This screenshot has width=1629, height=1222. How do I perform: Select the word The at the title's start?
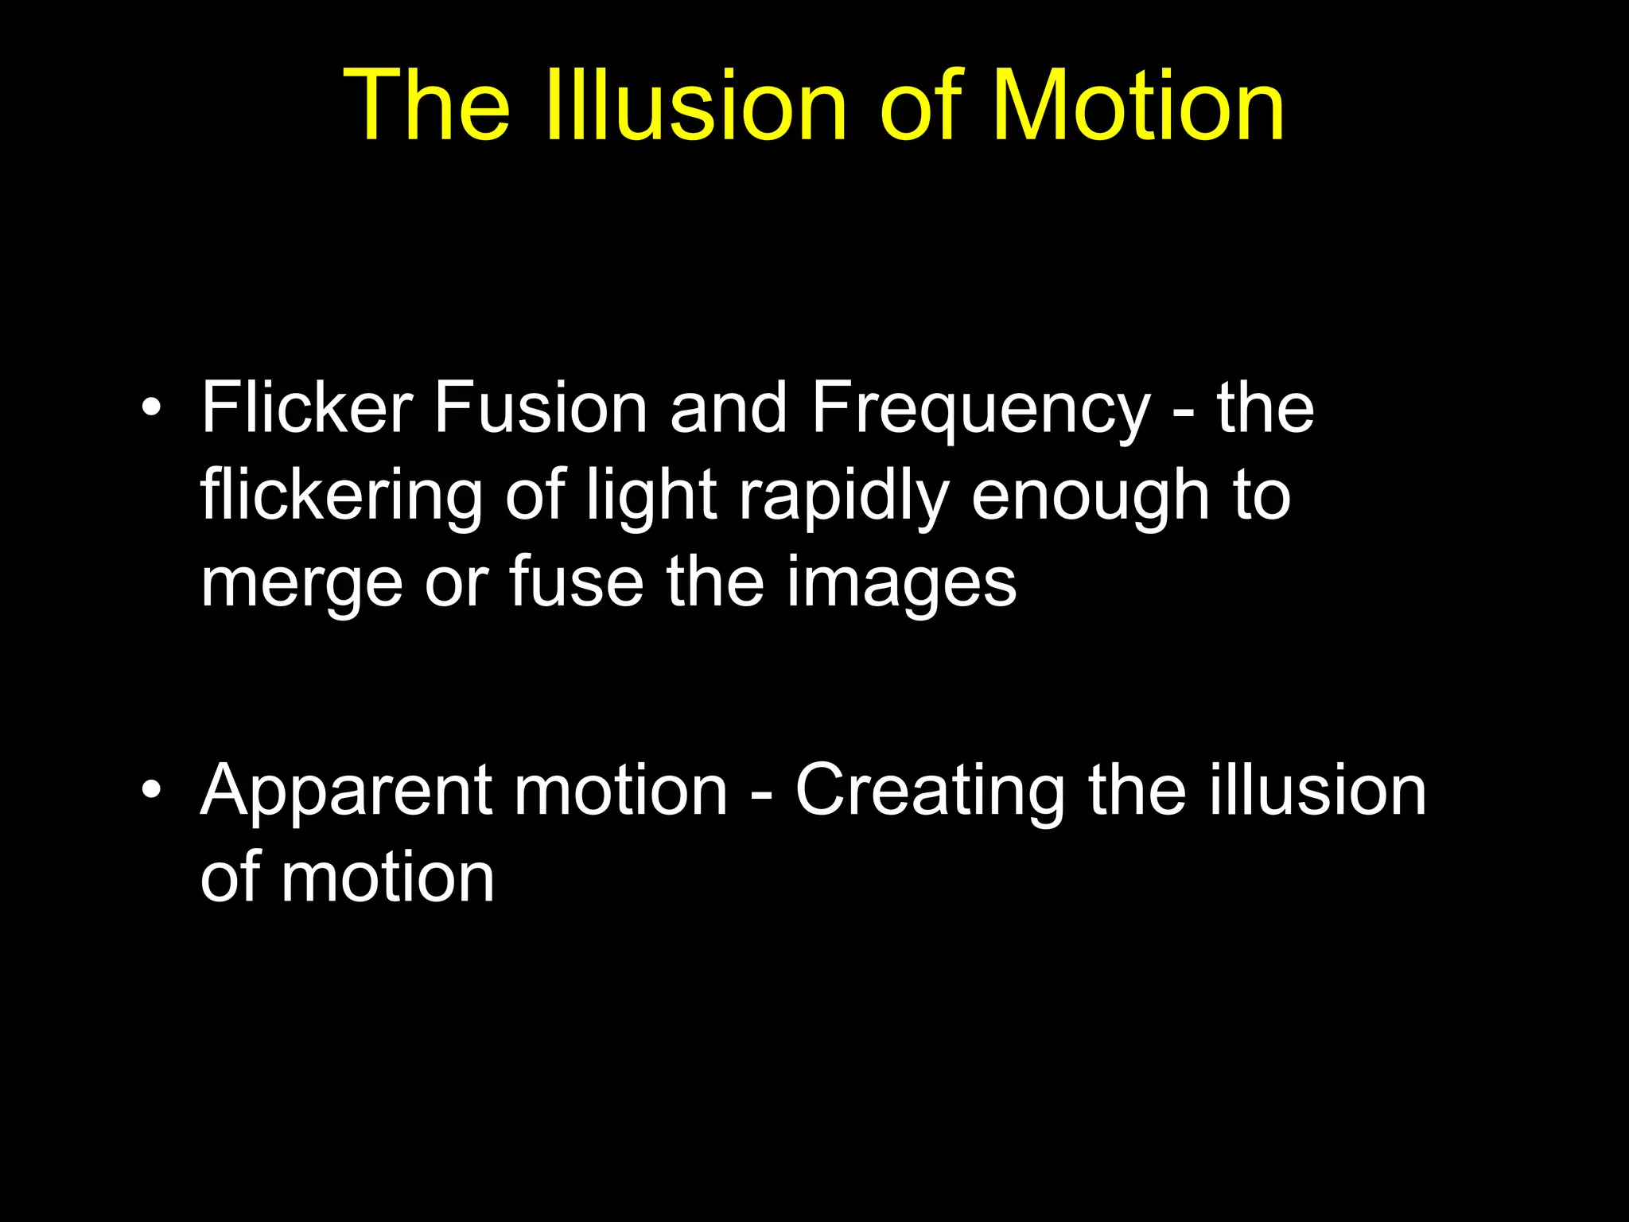coord(426,105)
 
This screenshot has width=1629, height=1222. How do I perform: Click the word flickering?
coord(341,497)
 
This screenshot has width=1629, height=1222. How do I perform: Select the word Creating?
coord(930,792)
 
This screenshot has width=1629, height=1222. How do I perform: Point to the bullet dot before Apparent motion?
coord(150,792)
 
